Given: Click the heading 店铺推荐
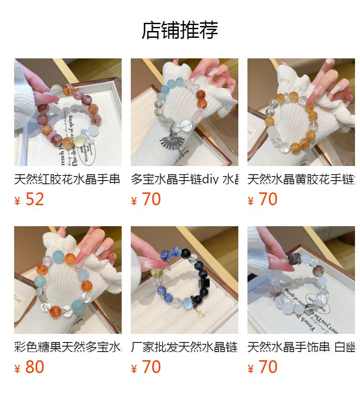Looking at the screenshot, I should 180,30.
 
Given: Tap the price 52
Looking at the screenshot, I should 35,199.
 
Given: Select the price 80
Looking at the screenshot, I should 35,367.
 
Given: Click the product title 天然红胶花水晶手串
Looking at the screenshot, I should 67,179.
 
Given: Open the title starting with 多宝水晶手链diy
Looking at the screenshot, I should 184,179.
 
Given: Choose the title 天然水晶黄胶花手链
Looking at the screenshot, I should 301,179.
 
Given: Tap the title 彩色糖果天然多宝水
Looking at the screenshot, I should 67,347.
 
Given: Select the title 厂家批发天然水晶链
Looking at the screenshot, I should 184,347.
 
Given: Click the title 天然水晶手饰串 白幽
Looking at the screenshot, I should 301,347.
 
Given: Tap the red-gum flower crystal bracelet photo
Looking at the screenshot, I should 67,112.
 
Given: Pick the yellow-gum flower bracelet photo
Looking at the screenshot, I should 301,112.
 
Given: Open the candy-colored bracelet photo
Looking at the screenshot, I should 67,280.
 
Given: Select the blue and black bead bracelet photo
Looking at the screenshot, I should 184,280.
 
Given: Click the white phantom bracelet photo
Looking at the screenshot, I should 301,280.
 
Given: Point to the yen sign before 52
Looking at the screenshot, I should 18,201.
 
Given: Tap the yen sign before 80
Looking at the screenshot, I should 18,368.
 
